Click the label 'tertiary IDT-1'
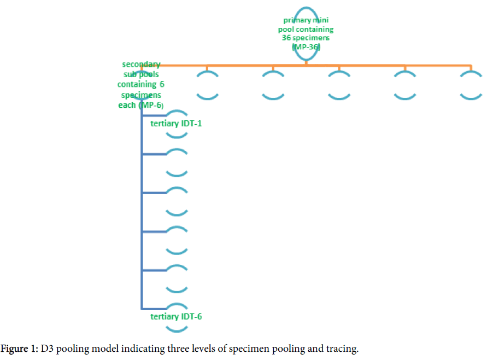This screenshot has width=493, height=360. pos(177,124)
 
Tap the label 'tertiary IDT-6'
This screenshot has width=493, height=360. pos(177,316)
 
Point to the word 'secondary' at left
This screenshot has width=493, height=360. pos(142,65)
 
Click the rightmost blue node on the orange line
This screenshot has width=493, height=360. pos(471,84)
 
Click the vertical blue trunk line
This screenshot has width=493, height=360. pos(142,219)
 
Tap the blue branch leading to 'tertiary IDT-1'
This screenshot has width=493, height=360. pos(154,115)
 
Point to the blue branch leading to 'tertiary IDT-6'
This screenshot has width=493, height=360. pos(154,309)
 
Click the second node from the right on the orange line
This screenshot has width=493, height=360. pos(405,84)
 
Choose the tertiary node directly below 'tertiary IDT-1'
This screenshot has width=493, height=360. pos(177,162)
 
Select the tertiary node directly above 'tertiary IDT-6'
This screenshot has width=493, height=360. pos(177,278)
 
